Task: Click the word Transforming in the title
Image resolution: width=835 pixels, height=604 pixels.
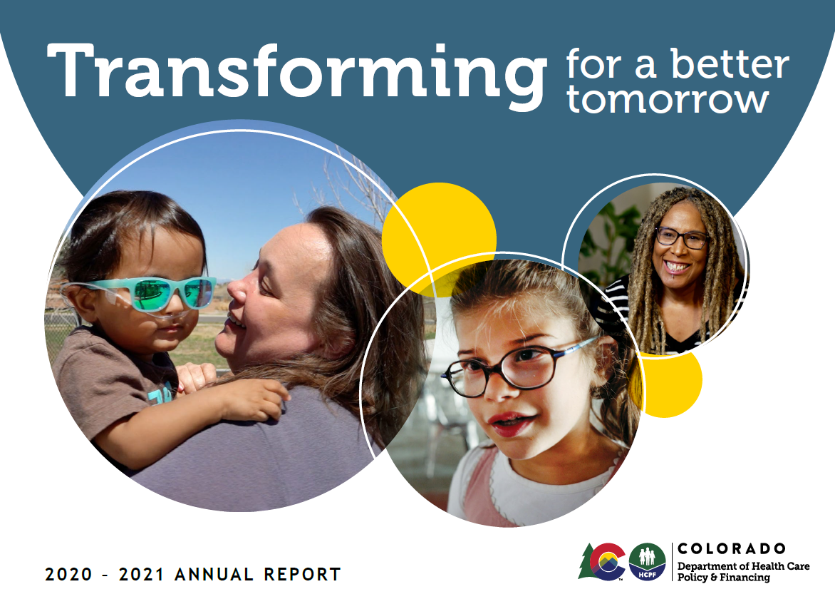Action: [296, 75]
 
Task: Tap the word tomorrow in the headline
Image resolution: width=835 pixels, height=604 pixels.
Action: [668, 99]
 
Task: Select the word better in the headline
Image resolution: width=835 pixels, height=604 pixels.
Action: [730, 64]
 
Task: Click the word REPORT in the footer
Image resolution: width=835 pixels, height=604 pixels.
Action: [302, 574]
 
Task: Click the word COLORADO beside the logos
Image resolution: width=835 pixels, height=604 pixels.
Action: [732, 548]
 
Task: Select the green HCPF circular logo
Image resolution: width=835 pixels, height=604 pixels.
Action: [647, 562]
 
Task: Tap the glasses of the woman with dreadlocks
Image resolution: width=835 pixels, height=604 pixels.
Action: [681, 237]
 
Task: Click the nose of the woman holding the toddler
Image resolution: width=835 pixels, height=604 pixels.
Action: [238, 292]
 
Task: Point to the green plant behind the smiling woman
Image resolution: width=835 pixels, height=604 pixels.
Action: [607, 246]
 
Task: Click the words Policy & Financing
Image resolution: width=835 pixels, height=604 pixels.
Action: [723, 578]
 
